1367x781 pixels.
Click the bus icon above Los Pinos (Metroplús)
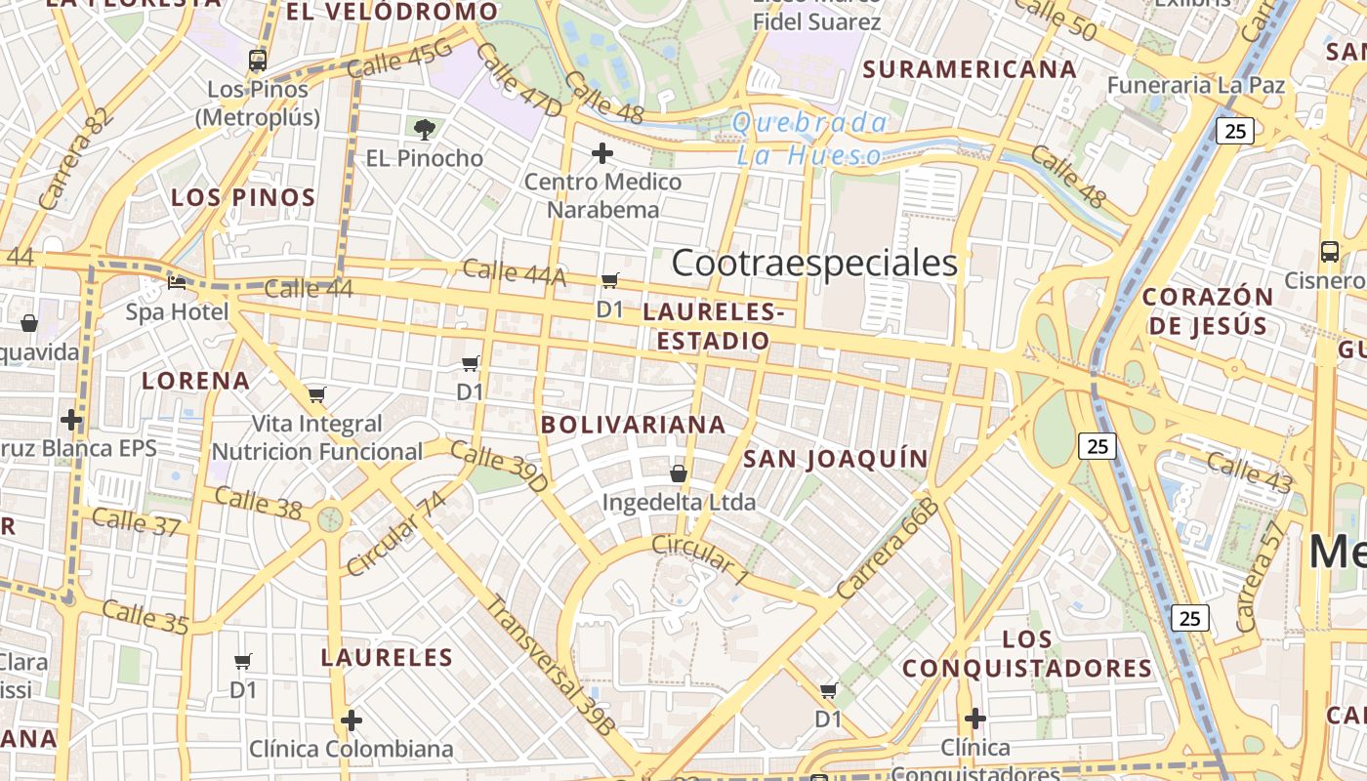click(x=258, y=61)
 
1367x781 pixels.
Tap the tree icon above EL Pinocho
click(x=425, y=129)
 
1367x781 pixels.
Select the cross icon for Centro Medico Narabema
click(x=602, y=153)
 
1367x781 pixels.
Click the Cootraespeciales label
click(x=814, y=263)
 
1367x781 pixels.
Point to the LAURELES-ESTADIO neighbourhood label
click(x=714, y=327)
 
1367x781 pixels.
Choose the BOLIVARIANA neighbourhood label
click(x=634, y=425)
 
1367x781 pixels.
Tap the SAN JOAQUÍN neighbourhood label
click(x=836, y=459)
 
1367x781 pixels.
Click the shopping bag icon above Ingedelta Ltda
click(x=679, y=473)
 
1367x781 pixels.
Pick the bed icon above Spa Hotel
click(x=177, y=283)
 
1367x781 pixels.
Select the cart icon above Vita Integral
click(x=316, y=395)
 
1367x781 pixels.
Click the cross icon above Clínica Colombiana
click(x=352, y=720)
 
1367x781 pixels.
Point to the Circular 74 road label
click(x=395, y=534)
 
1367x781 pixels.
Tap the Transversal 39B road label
click(x=551, y=664)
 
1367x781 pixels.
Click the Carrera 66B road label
click(x=888, y=549)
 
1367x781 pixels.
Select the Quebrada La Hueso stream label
click(x=809, y=139)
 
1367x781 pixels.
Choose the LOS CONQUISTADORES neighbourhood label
click(x=1027, y=654)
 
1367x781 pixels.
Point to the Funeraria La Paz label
click(x=1195, y=85)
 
